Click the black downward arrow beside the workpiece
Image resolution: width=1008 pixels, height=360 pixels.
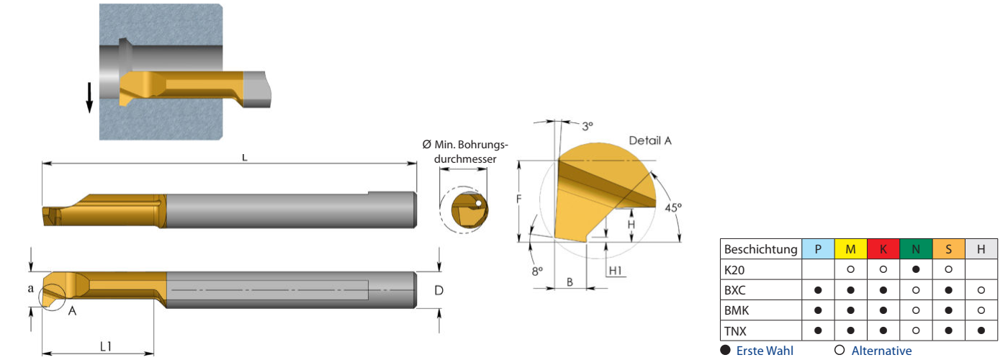point(89,97)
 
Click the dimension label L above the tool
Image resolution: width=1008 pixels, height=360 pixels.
point(244,158)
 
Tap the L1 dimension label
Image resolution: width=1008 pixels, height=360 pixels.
point(105,346)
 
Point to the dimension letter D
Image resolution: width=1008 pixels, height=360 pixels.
point(438,290)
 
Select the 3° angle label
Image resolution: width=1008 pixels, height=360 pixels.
point(588,127)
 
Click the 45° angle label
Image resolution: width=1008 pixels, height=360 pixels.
point(673,207)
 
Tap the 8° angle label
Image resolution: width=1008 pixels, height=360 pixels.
point(537,271)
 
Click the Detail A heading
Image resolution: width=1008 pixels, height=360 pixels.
point(649,141)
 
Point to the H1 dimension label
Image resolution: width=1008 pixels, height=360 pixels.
point(615,271)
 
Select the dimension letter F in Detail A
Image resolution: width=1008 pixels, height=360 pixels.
point(519,199)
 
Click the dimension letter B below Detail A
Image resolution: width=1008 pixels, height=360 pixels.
point(570,282)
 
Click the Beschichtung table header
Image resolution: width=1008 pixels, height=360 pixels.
point(760,249)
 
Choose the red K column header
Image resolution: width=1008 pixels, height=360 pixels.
point(883,249)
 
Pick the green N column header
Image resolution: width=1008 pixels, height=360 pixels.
point(916,249)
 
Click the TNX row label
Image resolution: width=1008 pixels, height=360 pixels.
point(735,331)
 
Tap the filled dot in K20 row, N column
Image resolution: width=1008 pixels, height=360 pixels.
point(916,269)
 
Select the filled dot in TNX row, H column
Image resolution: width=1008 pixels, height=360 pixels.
point(981,330)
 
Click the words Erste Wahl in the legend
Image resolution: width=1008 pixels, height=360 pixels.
point(765,351)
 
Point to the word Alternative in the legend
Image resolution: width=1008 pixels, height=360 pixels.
point(881,351)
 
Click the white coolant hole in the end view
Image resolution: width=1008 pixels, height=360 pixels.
point(478,203)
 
